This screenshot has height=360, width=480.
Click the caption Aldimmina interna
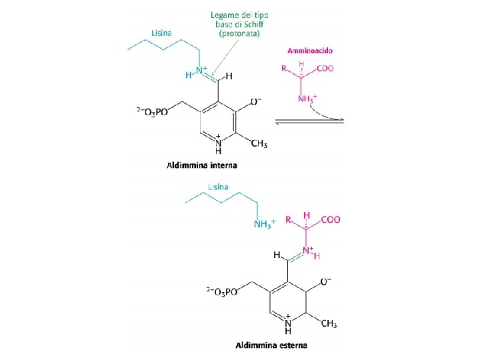click(x=201, y=165)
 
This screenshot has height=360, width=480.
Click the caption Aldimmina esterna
click(x=271, y=345)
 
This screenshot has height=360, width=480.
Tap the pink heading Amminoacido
click(x=311, y=50)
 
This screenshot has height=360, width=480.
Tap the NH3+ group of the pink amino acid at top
click(x=307, y=99)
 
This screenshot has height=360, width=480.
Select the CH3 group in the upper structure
click(x=258, y=145)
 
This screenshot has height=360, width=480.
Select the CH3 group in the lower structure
click(x=329, y=324)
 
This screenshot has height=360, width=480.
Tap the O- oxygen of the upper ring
click(x=255, y=101)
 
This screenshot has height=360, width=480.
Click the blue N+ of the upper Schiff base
click(x=201, y=72)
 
